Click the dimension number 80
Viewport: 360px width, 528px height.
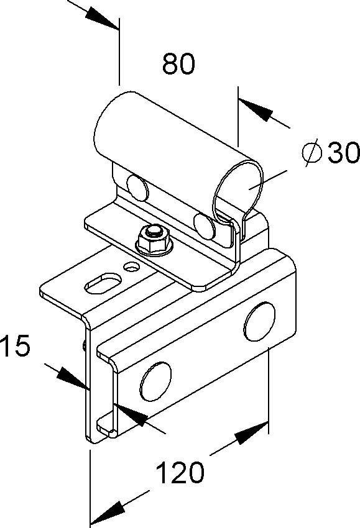(x=178, y=64)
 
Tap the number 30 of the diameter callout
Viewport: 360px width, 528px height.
(x=343, y=153)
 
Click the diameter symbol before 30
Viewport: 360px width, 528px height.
(x=312, y=153)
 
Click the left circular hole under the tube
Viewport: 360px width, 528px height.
(x=136, y=186)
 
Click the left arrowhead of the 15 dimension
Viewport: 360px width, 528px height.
(x=71, y=378)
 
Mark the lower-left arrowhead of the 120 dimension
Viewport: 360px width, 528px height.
(x=107, y=511)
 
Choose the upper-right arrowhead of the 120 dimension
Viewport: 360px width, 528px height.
(x=252, y=433)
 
